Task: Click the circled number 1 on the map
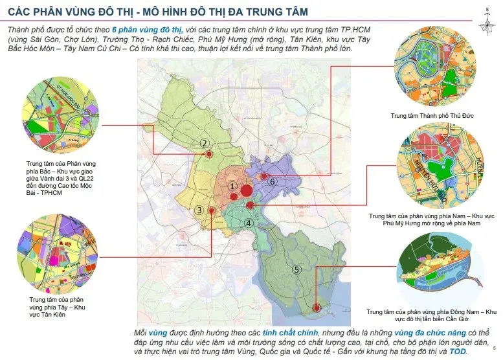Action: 232,186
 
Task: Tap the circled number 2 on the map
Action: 204,144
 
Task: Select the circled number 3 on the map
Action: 200,210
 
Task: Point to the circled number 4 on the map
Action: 248,223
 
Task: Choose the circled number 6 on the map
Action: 273,182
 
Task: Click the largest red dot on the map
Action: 247,190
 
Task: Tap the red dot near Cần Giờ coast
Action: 316,308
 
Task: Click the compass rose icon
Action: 486,21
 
